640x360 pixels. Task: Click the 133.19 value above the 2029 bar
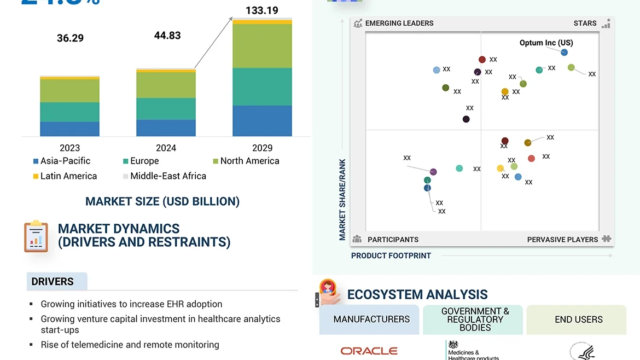pyautogui.click(x=262, y=10)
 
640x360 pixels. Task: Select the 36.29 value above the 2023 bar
pyautogui.click(x=70, y=38)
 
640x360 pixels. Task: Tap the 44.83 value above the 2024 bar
pyautogui.click(x=167, y=36)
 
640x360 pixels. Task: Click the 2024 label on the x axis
pyautogui.click(x=166, y=148)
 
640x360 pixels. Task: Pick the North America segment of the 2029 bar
pyautogui.click(x=262, y=46)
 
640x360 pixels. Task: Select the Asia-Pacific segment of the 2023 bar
pyautogui.click(x=69, y=129)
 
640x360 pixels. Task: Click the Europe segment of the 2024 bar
pyautogui.click(x=166, y=108)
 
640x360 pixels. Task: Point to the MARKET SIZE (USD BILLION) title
pyautogui.click(x=162, y=201)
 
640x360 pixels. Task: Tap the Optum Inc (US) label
pyautogui.click(x=546, y=43)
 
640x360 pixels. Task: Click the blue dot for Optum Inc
pyautogui.click(x=564, y=53)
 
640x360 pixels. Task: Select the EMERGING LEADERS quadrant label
pyautogui.click(x=399, y=24)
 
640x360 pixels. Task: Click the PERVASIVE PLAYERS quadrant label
pyautogui.click(x=562, y=240)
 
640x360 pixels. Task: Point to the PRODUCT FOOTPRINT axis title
pyautogui.click(x=391, y=256)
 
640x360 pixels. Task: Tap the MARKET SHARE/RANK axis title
pyautogui.click(x=342, y=200)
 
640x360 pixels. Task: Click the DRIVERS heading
pyautogui.click(x=53, y=282)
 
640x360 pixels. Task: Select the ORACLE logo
pyautogui.click(x=369, y=351)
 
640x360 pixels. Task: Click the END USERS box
pyautogui.click(x=578, y=320)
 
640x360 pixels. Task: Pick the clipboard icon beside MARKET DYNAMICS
pyautogui.click(x=36, y=236)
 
